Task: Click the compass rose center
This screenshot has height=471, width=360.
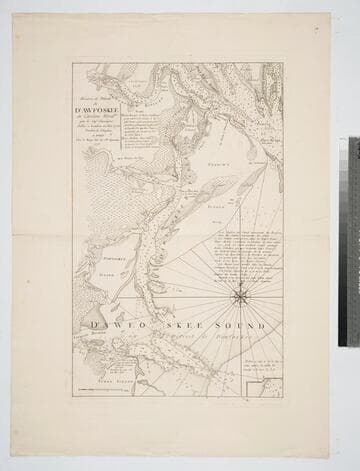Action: pos(240,296)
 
